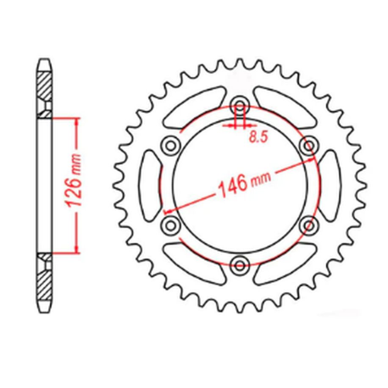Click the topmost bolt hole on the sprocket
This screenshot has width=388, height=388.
coord(240,105)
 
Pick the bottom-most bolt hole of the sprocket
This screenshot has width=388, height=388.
coord(240,266)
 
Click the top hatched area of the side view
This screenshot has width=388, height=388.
coord(44,89)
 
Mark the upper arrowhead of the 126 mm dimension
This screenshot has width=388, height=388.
coord(78,121)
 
